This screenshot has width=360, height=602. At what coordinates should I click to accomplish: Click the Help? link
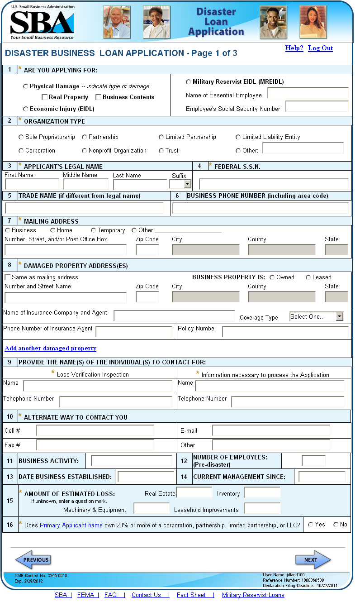point(294,48)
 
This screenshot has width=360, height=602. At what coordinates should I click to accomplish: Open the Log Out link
point(320,48)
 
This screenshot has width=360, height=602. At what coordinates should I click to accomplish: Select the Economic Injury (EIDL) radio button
point(26,109)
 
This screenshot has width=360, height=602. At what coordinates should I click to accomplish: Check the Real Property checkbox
point(45,97)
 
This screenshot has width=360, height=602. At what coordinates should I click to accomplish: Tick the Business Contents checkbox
point(99,97)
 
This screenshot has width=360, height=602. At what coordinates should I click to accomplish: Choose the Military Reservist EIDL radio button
point(189,82)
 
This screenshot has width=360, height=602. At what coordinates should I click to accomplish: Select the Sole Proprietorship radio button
point(21,137)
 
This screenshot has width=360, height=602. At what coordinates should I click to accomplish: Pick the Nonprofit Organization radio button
point(85,151)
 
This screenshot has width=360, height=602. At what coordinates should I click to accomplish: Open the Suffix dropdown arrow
point(187,184)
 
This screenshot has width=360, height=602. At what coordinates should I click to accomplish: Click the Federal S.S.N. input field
point(274,184)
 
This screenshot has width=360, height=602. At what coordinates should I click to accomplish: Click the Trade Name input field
point(84,208)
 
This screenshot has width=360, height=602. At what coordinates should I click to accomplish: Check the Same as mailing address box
point(7,277)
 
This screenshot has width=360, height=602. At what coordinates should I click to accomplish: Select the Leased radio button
point(308,277)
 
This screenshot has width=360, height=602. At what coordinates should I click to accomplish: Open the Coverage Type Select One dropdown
point(317,317)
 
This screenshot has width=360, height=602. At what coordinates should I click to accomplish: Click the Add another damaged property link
point(50,349)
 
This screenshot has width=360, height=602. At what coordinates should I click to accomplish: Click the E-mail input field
point(271,430)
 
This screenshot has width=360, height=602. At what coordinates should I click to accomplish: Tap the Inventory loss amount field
point(262,493)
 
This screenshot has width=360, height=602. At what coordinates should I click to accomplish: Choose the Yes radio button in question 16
point(311,525)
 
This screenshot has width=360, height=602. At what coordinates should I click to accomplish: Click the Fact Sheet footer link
point(191,595)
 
